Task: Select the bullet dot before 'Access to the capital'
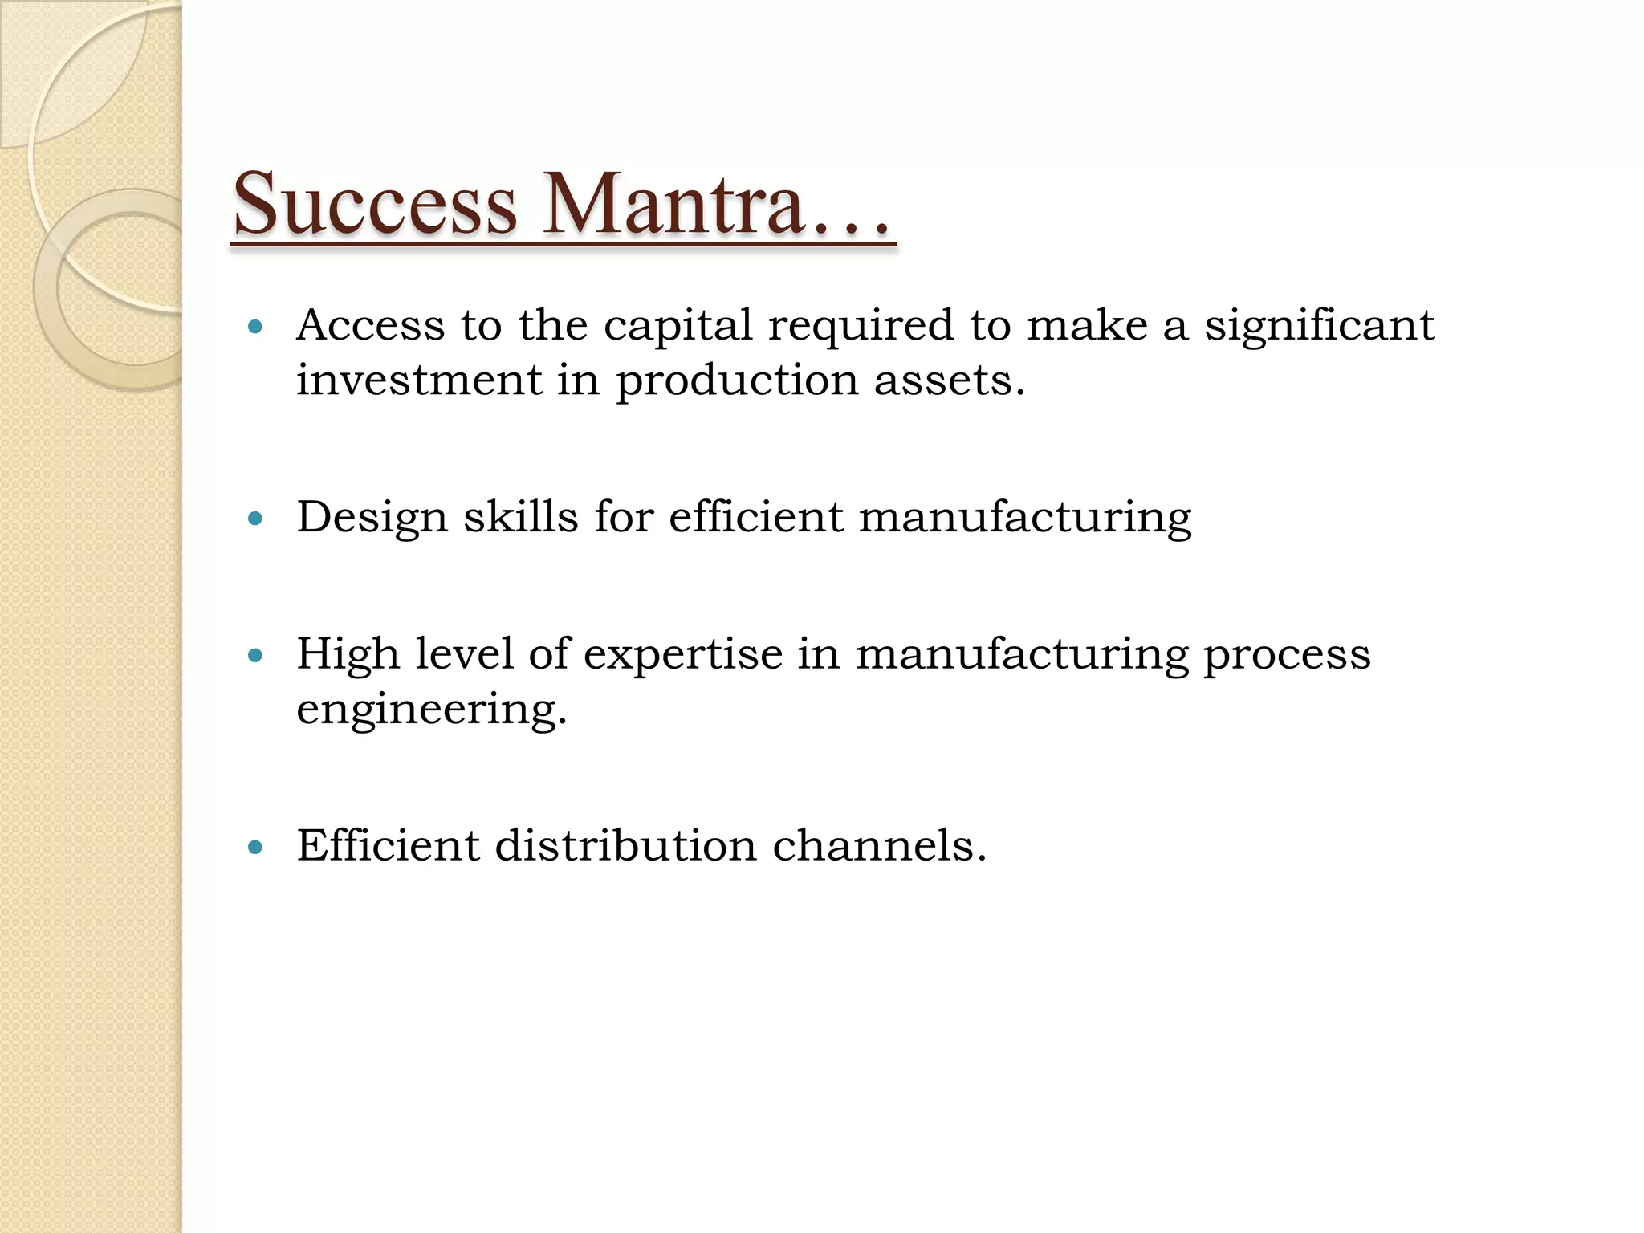click(256, 327)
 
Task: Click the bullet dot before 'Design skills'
click(256, 519)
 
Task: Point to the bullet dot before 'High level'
click(256, 656)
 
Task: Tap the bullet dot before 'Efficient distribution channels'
click(256, 847)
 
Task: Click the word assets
click(949, 380)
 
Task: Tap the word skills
click(521, 516)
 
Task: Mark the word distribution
click(625, 846)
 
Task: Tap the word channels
click(879, 846)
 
